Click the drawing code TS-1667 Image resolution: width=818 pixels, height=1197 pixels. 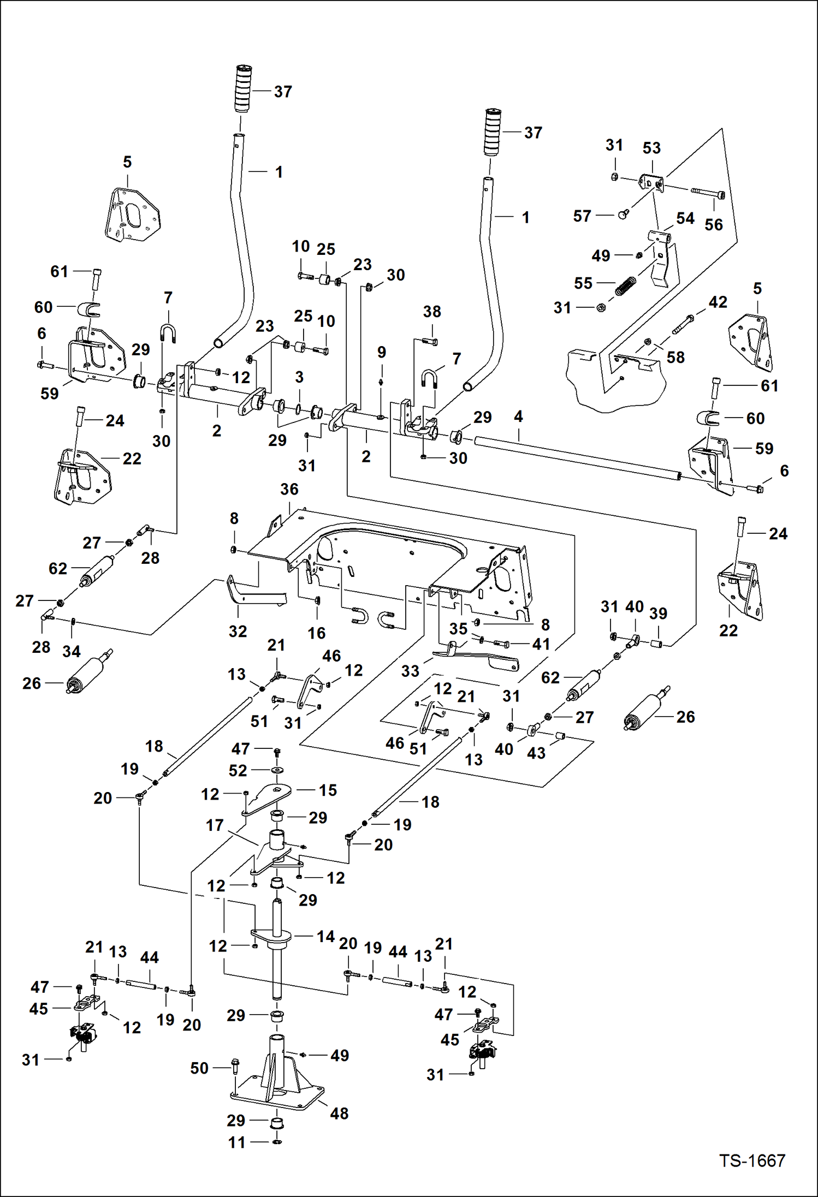point(752,1160)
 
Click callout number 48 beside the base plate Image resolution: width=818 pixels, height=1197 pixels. point(339,1113)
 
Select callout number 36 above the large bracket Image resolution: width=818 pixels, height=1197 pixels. point(289,489)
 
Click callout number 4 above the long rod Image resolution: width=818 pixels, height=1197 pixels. point(518,416)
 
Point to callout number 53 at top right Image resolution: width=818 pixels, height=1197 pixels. point(651,148)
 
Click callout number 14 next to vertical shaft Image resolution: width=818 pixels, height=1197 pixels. point(326,937)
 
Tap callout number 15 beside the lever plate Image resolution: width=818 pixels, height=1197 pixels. point(328,790)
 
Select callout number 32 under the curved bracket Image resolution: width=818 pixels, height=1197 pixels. point(238,632)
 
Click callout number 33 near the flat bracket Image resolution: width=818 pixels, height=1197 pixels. point(410,671)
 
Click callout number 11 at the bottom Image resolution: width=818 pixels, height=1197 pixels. point(236,1142)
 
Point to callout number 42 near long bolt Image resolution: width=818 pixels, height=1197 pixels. point(718,302)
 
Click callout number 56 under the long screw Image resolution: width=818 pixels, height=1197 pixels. point(713,224)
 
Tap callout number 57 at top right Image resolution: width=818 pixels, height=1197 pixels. point(582,216)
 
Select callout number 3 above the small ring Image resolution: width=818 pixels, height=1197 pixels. point(299,377)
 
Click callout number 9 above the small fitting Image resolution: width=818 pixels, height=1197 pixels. point(382,352)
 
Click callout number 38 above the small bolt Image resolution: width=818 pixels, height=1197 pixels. point(431,312)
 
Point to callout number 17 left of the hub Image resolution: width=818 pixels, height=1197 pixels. point(215,825)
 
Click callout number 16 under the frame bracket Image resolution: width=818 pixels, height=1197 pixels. point(316,633)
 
